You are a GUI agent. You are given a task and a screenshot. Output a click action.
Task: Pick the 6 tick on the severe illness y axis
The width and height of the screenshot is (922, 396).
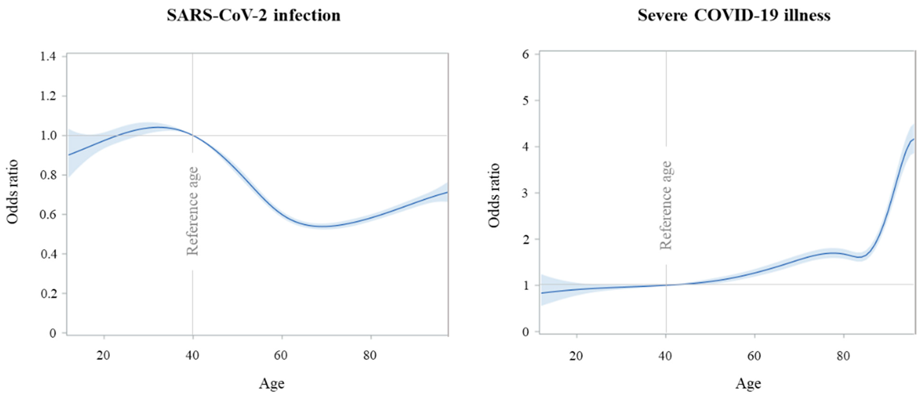pyautogui.click(x=525, y=54)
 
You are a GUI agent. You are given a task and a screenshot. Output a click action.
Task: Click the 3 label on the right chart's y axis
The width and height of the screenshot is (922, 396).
pyautogui.click(x=525, y=193)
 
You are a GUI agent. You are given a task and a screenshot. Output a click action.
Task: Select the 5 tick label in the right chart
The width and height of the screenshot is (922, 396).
pyautogui.click(x=525, y=101)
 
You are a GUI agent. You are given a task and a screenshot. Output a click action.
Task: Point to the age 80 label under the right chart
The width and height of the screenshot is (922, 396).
pyautogui.click(x=843, y=356)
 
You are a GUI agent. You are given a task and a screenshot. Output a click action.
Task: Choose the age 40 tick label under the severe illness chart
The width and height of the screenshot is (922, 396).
pyautogui.click(x=665, y=356)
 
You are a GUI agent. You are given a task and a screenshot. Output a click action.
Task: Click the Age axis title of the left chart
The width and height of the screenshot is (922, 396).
pyautogui.click(x=272, y=383)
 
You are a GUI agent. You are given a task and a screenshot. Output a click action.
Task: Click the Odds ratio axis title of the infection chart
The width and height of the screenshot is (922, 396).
pyautogui.click(x=13, y=192)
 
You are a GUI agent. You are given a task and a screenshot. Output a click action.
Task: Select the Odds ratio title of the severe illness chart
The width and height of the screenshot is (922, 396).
pyautogui.click(x=494, y=195)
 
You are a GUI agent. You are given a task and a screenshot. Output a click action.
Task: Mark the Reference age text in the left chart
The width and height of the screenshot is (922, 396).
pyautogui.click(x=193, y=211)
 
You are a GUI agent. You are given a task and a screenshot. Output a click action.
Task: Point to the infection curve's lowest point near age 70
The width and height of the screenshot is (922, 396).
pyautogui.click(x=322, y=226)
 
